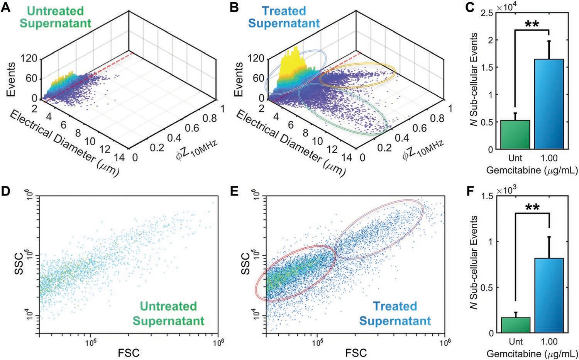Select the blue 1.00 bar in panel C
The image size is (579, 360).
click(549, 104)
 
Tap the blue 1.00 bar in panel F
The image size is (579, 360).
click(549, 295)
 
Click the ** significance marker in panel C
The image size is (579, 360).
click(532, 24)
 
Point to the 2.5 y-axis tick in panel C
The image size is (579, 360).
click(488, 13)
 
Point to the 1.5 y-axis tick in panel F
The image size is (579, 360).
click(488, 195)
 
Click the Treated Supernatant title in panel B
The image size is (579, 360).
click(284, 17)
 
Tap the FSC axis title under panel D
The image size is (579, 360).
click(129, 352)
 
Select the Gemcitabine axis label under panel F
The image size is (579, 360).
click(532, 353)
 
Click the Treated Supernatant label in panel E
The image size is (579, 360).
click(395, 313)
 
